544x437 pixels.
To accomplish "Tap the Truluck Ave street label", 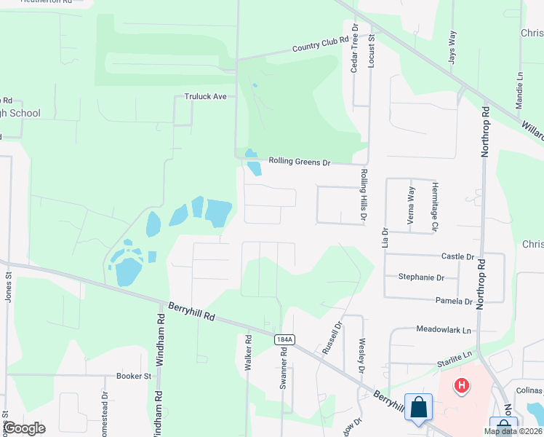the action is pyautogui.click(x=206, y=96).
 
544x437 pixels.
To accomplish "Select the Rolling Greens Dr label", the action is pyautogui.click(x=300, y=161).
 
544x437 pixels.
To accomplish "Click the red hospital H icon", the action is pyautogui.click(x=460, y=385).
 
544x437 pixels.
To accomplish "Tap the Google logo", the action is pyautogui.click(x=23, y=428).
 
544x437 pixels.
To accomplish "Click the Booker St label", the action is pyautogui.click(x=133, y=377).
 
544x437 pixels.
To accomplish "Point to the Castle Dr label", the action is pyautogui.click(x=457, y=256).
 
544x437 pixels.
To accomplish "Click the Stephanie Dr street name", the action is pyautogui.click(x=421, y=277).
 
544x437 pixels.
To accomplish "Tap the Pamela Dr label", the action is pyautogui.click(x=454, y=301).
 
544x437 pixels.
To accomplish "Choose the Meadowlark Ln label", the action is pyautogui.click(x=444, y=329).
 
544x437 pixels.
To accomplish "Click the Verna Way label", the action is pyautogui.click(x=412, y=206).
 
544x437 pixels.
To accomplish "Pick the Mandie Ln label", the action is pyautogui.click(x=520, y=90).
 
